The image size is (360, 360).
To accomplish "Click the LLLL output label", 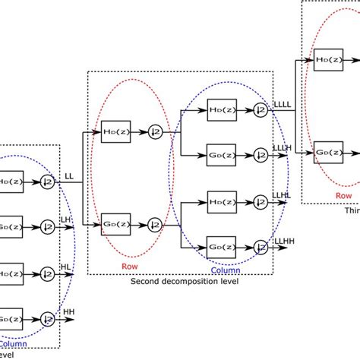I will tap(282, 105).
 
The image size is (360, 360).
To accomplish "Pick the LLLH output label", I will tap(281, 148).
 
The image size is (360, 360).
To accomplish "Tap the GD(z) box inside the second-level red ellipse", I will tap(115, 224).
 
